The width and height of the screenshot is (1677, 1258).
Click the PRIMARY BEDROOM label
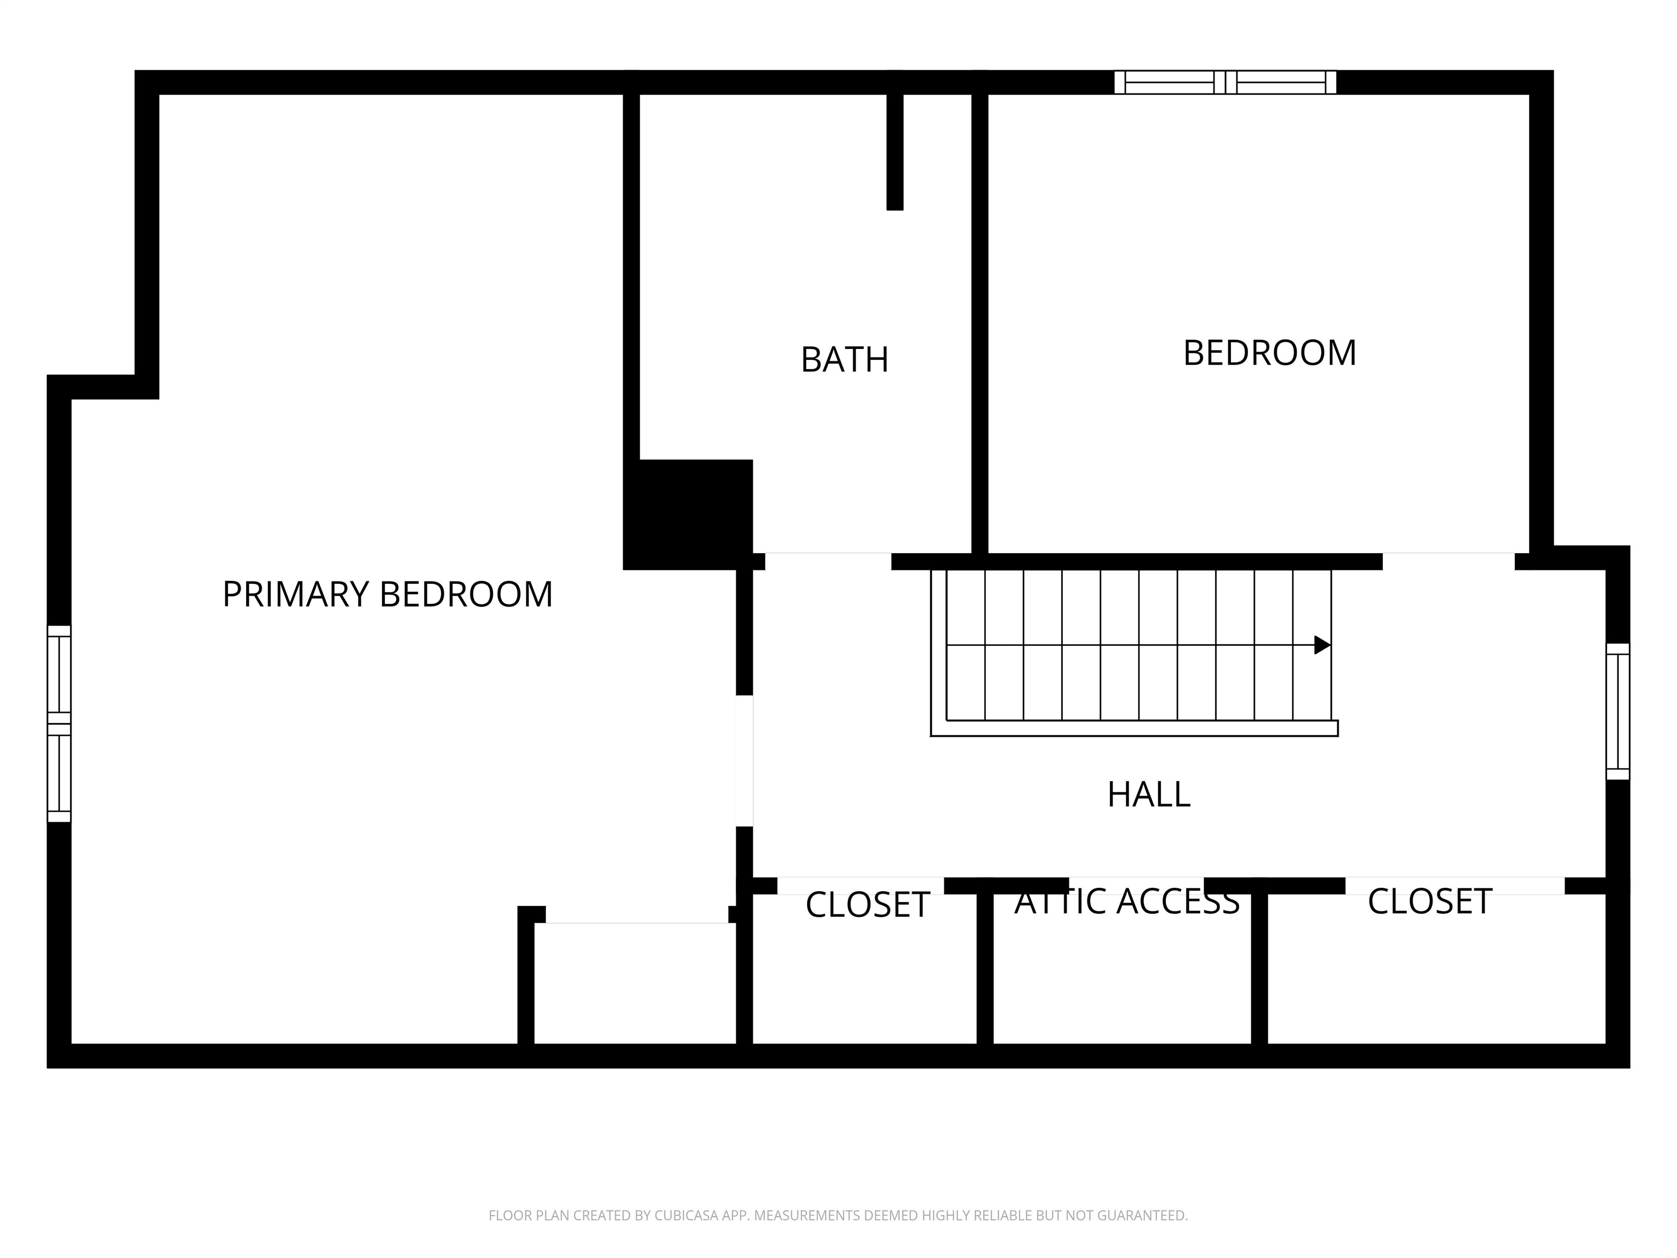pos(388,595)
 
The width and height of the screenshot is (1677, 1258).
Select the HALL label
pos(1149,794)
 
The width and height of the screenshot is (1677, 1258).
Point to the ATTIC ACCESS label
pos(1127,901)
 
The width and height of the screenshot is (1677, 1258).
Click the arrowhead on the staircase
pos(1322,645)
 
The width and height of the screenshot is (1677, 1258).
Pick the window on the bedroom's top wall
pos(1225,82)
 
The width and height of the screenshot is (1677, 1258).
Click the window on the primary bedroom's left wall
pos(59,723)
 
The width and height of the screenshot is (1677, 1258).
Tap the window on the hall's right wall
pos(1618,711)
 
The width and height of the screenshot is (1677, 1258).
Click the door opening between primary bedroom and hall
pos(745,761)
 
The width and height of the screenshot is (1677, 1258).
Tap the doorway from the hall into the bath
pos(828,561)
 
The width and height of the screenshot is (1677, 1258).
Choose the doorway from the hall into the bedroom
pos(1449,561)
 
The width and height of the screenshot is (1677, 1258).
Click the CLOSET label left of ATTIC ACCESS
pos(867,905)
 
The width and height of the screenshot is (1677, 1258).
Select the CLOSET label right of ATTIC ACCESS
pos(1430,901)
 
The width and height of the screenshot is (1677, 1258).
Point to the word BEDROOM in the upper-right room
pos(1270,353)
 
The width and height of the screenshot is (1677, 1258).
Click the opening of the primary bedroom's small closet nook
pos(637,915)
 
